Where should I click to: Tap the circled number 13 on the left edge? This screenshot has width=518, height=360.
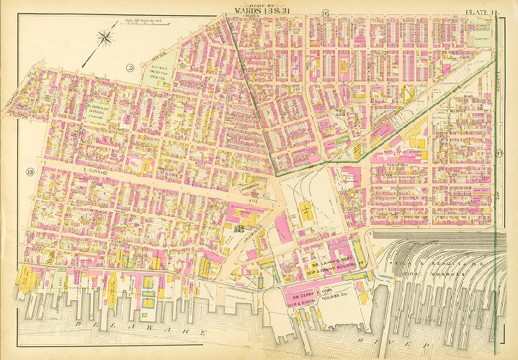click(x=30, y=171)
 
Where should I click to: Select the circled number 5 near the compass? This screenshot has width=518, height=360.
click(x=130, y=68)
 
